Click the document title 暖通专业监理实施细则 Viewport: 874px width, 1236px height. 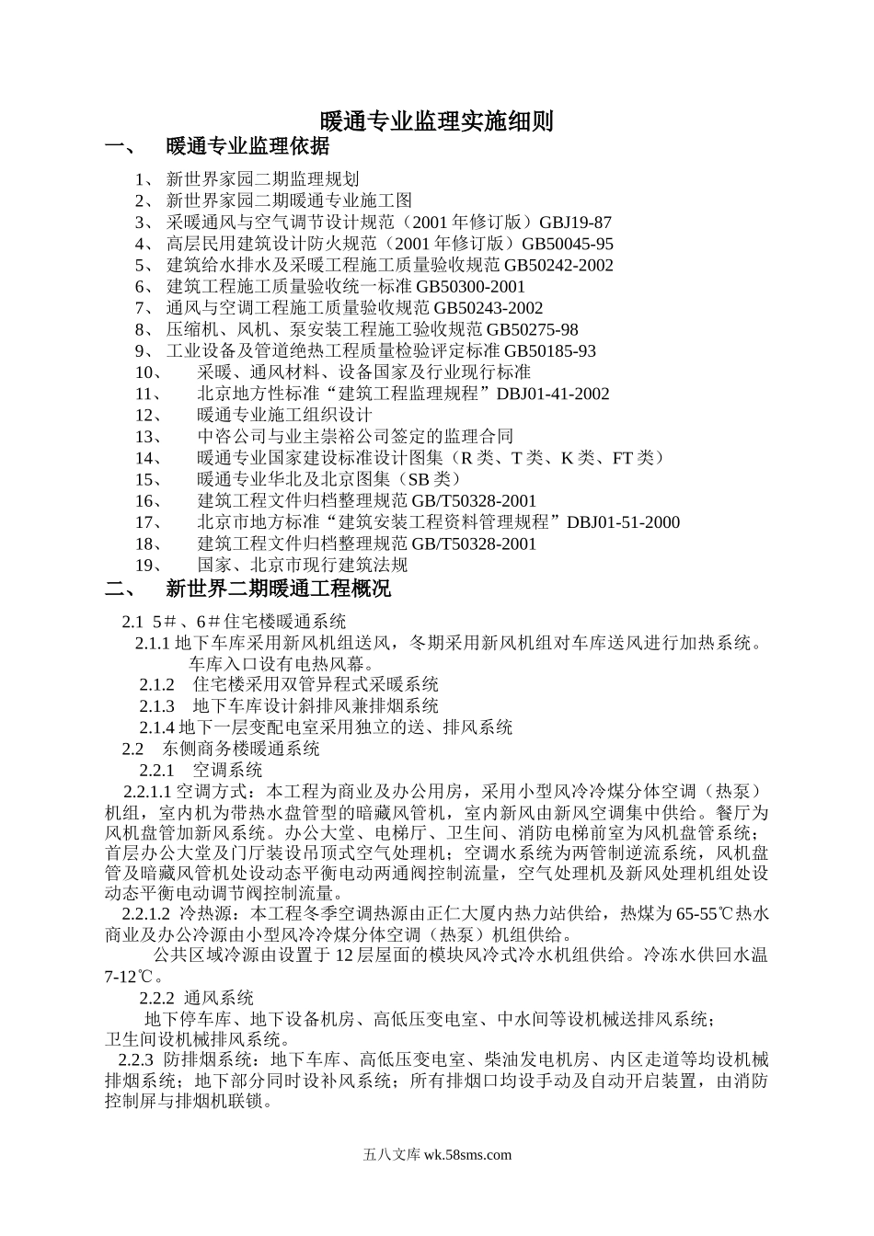[436, 121]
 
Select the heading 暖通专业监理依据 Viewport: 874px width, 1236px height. [247, 147]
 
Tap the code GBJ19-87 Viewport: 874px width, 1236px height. [576, 223]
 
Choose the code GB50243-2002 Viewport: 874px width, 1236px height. [488, 308]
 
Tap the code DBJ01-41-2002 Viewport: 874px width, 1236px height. [553, 394]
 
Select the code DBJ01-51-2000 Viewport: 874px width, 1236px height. [624, 522]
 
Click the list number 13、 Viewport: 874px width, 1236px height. [148, 437]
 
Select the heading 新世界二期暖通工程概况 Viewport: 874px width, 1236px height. [278, 588]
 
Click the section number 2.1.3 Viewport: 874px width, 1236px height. [157, 705]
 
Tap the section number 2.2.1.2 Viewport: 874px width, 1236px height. [146, 913]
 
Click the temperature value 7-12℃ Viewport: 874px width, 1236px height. [135, 977]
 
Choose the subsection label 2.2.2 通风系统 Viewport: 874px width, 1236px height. [197, 998]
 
